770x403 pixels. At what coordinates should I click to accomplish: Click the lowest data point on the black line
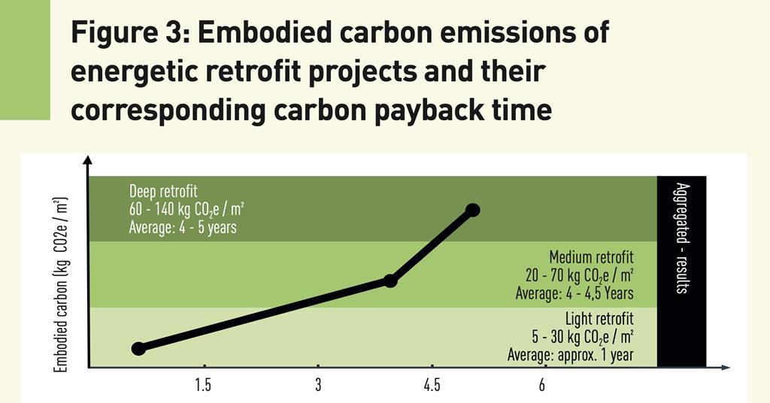pos(138,348)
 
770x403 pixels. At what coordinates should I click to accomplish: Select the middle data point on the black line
pos(390,280)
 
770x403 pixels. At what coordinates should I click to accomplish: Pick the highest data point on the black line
pos(473,210)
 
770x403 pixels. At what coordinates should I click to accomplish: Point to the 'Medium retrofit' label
pos(591,258)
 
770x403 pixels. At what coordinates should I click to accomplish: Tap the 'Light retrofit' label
pos(599,319)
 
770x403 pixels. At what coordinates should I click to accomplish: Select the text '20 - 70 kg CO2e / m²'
pos(579,276)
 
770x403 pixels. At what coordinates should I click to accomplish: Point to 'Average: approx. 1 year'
pos(570,354)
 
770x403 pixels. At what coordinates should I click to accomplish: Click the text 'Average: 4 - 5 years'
pos(183,227)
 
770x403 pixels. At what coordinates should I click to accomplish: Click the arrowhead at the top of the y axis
pos(88,160)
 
